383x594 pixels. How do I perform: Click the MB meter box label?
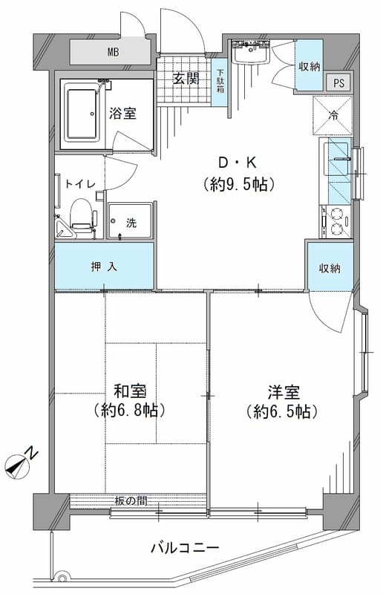tap(112, 52)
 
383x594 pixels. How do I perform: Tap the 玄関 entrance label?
tap(186, 79)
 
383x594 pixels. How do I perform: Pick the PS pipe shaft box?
tap(338, 83)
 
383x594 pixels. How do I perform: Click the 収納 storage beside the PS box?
tap(310, 66)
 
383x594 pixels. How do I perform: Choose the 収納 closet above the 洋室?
tap(329, 268)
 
